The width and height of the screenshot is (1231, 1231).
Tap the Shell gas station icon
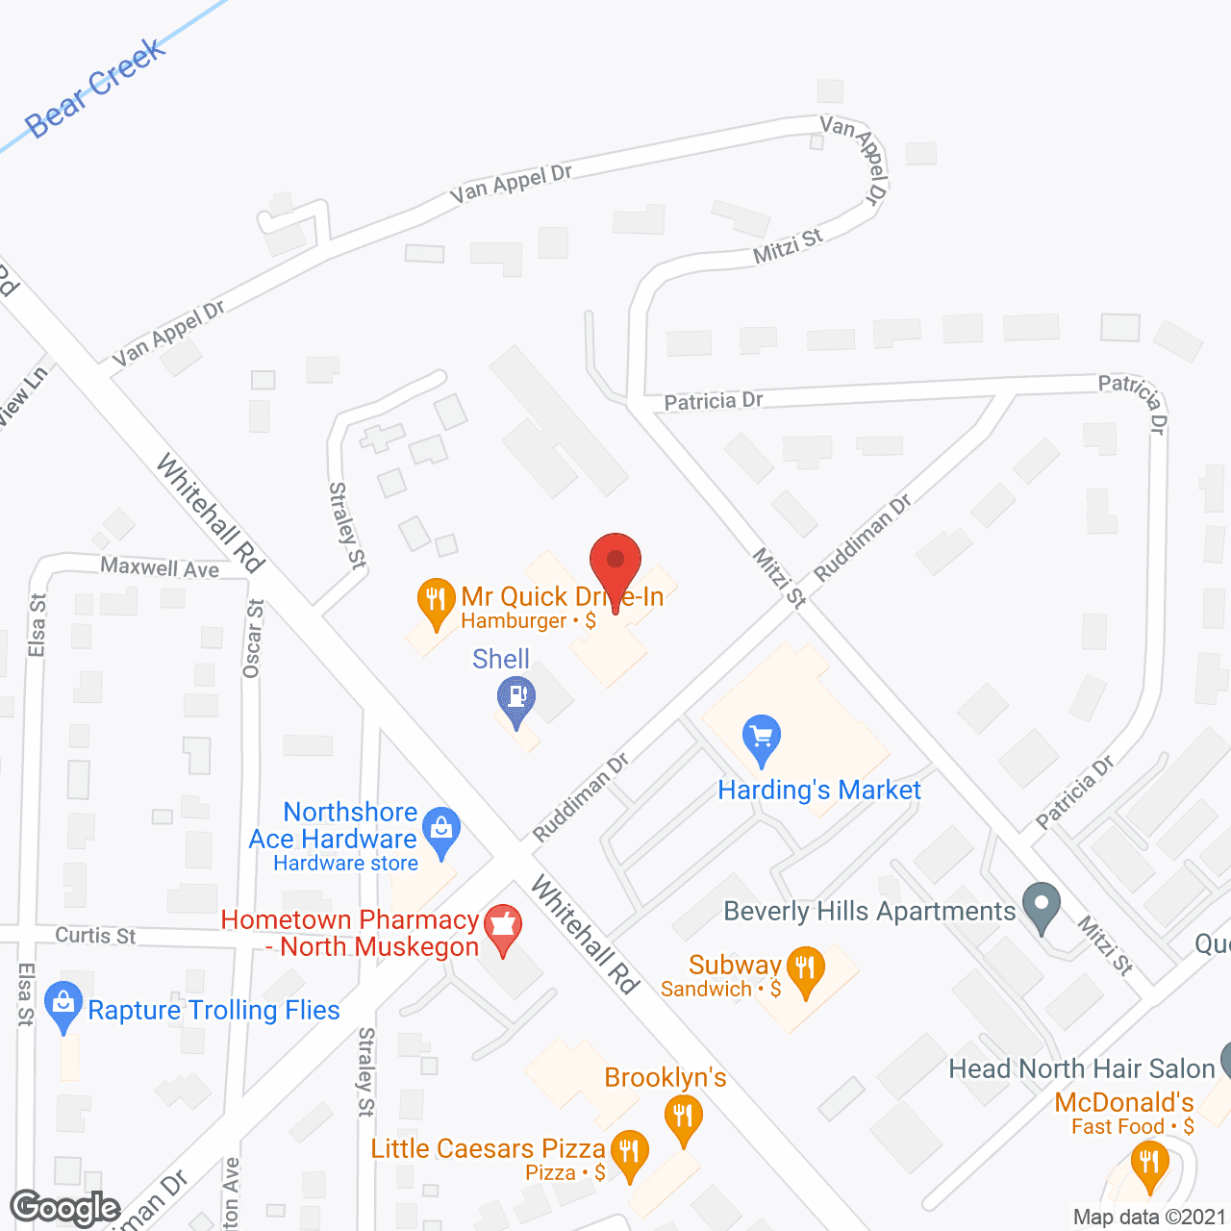[x=516, y=698]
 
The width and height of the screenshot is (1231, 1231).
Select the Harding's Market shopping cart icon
[x=762, y=740]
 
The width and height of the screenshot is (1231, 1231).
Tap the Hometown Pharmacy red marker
[x=503, y=927]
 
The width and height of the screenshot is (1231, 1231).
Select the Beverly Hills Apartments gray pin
[x=1041, y=906]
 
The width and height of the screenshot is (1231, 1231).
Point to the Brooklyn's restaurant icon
[x=684, y=1118]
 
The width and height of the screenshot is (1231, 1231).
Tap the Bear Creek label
[x=94, y=88]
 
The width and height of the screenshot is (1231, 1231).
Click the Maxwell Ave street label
[x=160, y=567]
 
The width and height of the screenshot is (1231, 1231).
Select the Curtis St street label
[x=95, y=935]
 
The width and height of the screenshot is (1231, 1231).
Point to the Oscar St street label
[x=253, y=639]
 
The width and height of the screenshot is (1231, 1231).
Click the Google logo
[x=64, y=1208]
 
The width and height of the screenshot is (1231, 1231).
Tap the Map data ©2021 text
[x=1149, y=1218]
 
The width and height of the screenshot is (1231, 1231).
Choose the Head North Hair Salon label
[x=1081, y=1068]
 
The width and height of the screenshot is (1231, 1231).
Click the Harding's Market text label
[x=819, y=791]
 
